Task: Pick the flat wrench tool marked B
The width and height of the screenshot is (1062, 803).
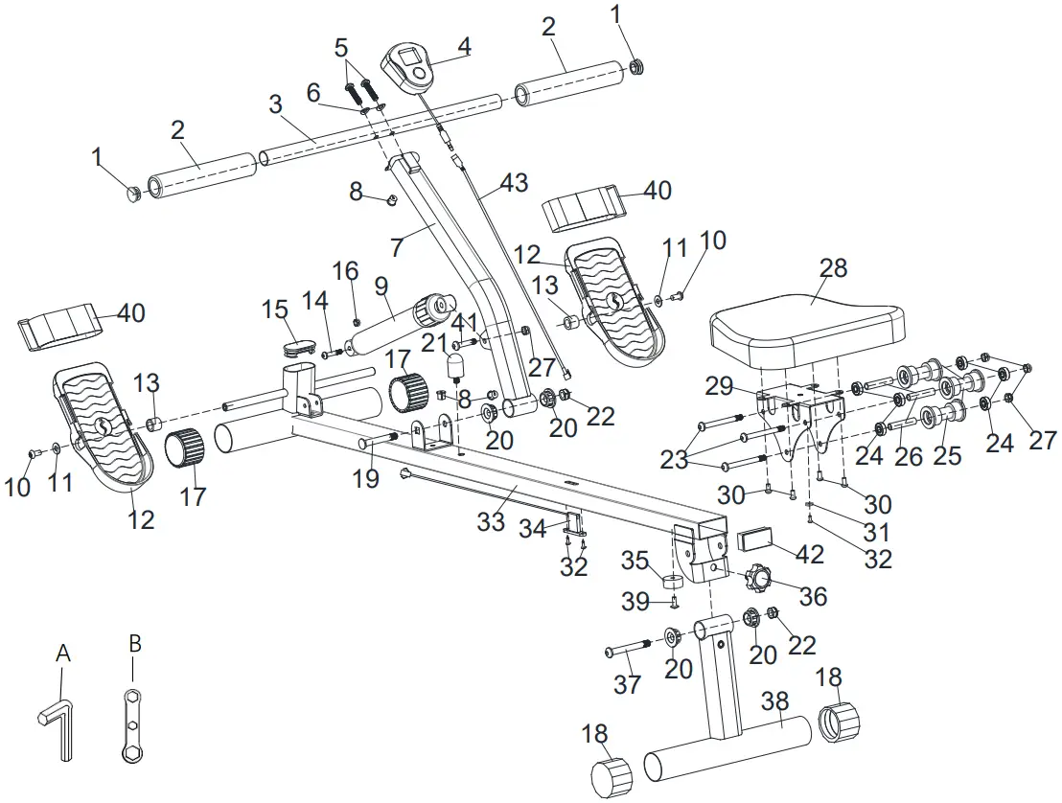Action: [x=132, y=724]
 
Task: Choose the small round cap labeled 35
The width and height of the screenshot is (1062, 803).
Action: [x=672, y=582]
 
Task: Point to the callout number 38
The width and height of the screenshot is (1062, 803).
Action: [x=777, y=700]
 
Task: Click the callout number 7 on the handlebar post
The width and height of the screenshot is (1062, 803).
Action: [x=397, y=245]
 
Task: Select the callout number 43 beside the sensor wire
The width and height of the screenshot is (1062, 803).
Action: [x=513, y=182]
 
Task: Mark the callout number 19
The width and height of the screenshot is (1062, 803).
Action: [x=366, y=477]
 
